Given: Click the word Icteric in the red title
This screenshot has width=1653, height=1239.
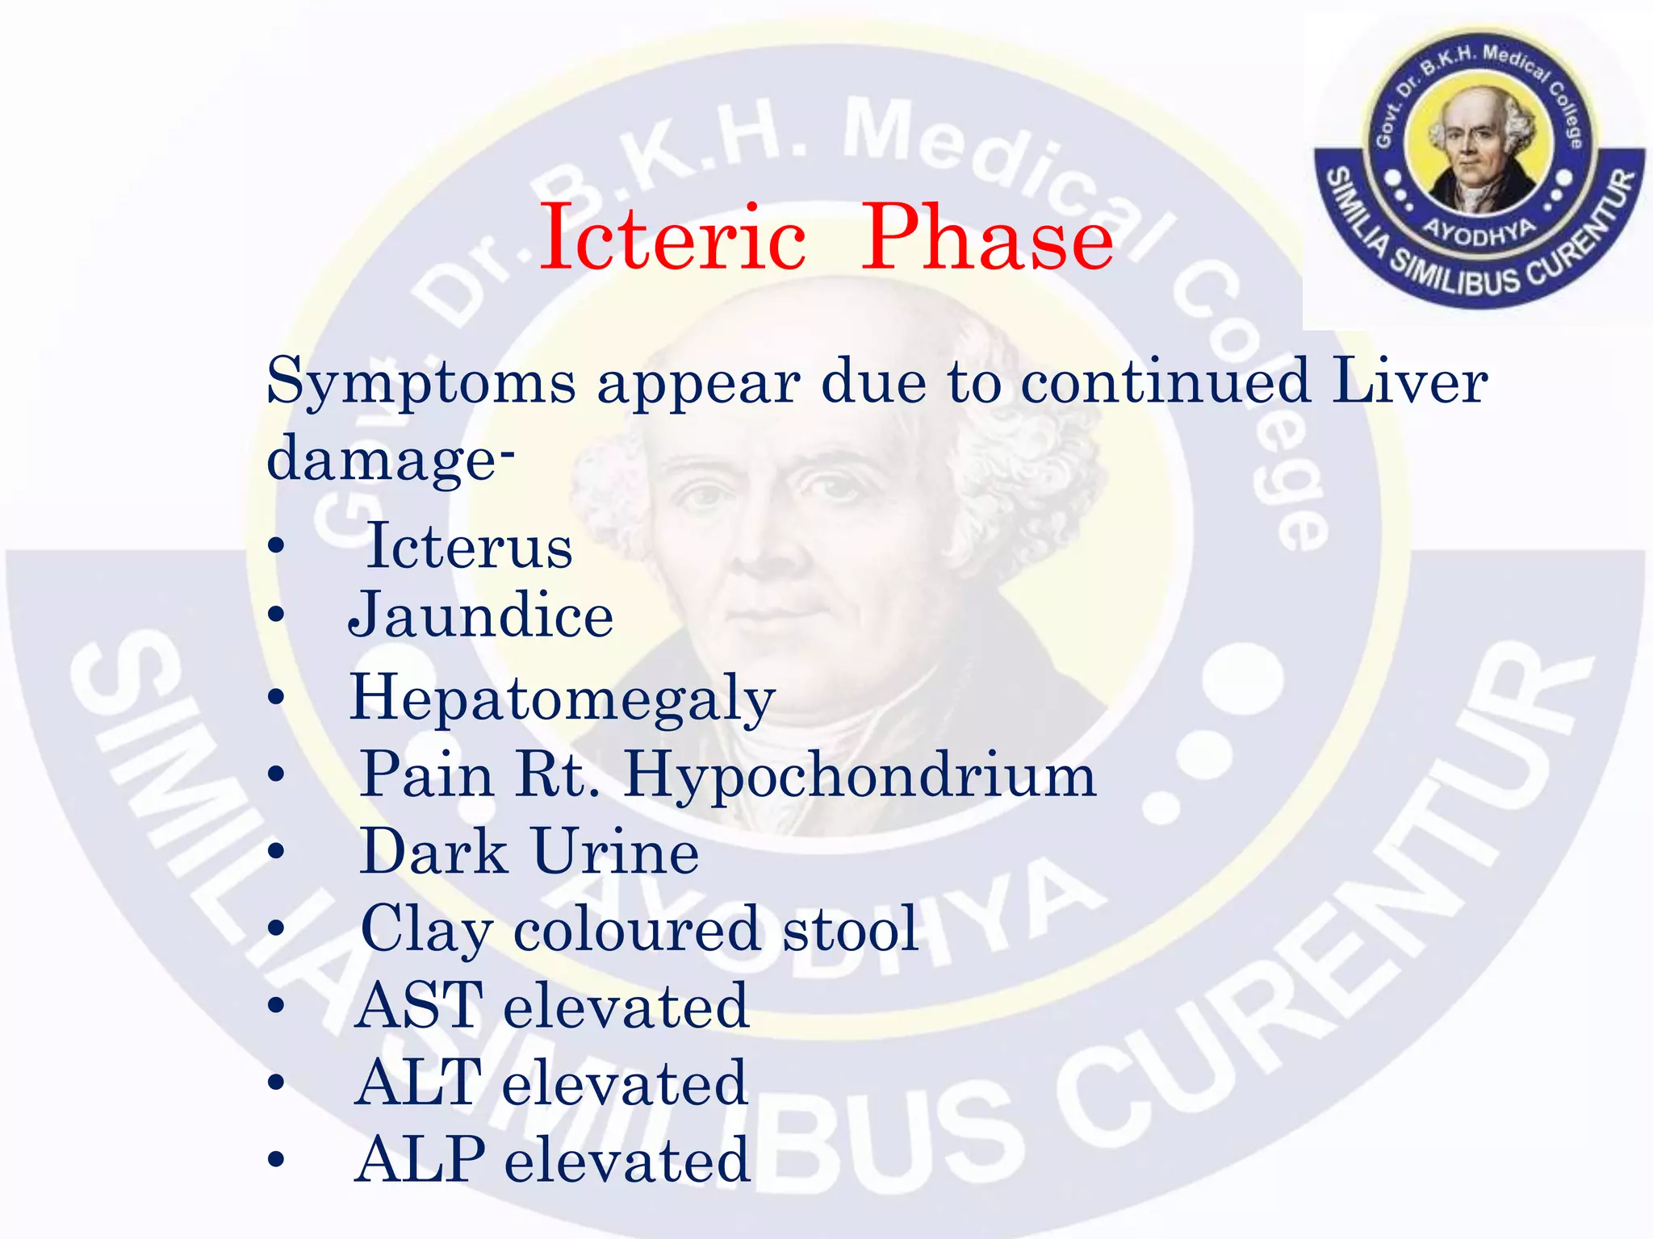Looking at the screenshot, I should pyautogui.click(x=672, y=239).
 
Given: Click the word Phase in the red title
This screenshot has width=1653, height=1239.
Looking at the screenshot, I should pyautogui.click(x=987, y=239).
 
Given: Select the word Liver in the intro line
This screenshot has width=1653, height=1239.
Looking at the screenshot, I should pyautogui.click(x=1409, y=381).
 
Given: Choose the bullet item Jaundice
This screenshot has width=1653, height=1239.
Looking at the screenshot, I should pyautogui.click(x=481, y=615).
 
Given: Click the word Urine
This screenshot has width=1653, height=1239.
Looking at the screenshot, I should pyautogui.click(x=616, y=853).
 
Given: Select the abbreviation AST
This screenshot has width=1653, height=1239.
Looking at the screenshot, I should pyautogui.click(x=420, y=1006).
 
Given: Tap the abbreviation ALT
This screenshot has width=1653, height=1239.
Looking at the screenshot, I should pyautogui.click(x=419, y=1083).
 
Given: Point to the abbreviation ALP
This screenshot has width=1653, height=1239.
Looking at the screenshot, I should pyautogui.click(x=421, y=1160).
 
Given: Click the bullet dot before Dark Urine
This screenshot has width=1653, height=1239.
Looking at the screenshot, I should pyautogui.click(x=277, y=852).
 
